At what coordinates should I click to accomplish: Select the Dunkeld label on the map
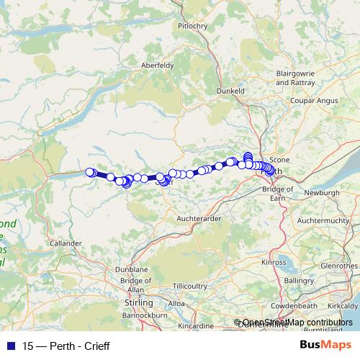tap(232, 91)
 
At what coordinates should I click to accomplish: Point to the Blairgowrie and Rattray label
tap(300, 78)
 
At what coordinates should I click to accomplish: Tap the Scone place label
tap(279, 159)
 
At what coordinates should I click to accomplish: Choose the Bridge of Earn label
tap(279, 192)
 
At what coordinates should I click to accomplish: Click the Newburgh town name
tap(320, 193)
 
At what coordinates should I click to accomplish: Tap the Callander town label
tap(66, 244)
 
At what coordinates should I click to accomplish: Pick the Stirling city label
tap(130, 305)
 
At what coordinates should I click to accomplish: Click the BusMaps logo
tap(325, 346)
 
